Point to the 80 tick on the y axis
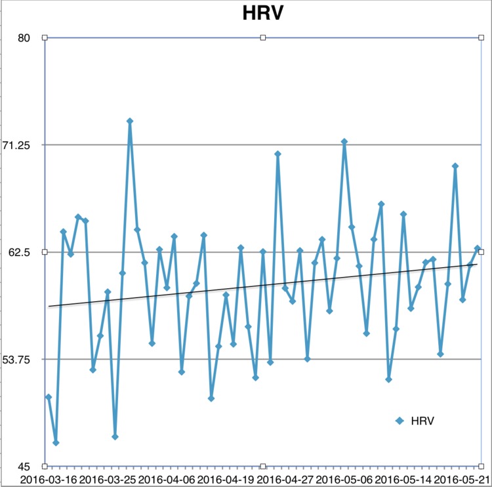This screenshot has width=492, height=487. [24, 38]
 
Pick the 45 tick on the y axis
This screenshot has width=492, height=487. [24, 467]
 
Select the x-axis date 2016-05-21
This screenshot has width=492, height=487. [461, 480]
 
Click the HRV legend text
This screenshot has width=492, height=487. [422, 420]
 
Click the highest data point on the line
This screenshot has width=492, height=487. [130, 121]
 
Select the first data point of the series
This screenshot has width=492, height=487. [49, 397]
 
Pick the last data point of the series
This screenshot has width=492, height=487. [477, 248]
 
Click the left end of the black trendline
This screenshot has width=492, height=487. [49, 307]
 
